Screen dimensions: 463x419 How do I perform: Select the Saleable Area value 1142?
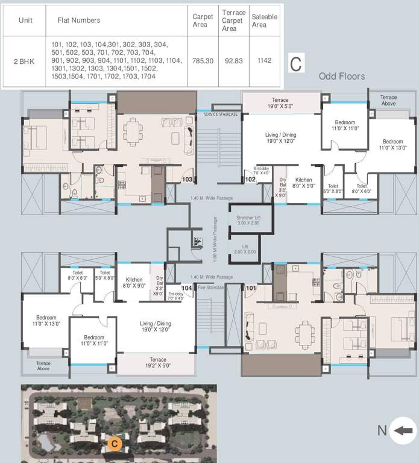(264, 61)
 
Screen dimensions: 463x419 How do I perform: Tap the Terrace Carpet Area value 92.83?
(233, 61)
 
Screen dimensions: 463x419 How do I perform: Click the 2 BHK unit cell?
(25, 61)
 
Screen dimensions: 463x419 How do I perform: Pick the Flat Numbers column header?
(78, 20)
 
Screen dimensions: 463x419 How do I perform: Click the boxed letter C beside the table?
(295, 63)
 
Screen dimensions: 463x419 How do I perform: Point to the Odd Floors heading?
(342, 77)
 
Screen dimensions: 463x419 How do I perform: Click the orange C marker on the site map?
(115, 444)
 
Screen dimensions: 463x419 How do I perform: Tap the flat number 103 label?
(187, 179)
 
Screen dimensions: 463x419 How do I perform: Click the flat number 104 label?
(187, 288)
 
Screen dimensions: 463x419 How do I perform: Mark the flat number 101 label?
(250, 288)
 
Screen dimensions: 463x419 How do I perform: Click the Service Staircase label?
(221, 114)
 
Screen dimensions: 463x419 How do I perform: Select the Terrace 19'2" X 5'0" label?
(157, 362)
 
